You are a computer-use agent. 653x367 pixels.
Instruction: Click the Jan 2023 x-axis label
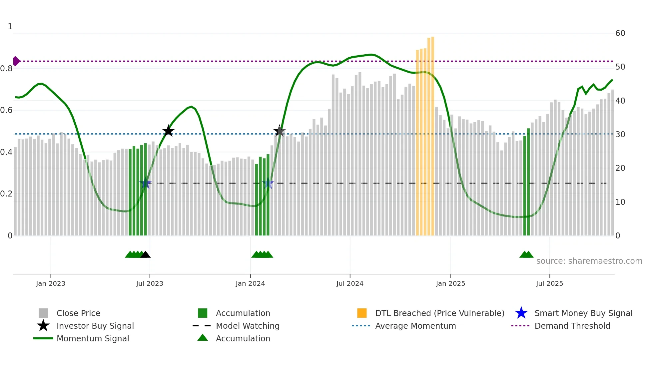(51, 283)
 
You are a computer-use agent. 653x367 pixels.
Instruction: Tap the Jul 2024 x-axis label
(349, 283)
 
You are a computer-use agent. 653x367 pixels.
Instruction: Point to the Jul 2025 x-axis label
(549, 283)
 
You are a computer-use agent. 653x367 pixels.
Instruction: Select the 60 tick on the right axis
(620, 33)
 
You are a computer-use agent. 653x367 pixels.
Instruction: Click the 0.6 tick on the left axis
(6, 110)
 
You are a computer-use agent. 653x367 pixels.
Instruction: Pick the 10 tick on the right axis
(620, 202)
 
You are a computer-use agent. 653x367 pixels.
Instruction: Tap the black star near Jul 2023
(168, 131)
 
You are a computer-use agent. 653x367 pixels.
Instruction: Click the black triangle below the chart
(145, 255)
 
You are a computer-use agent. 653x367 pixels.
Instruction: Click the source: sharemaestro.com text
(589, 261)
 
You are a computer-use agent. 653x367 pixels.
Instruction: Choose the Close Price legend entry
(78, 313)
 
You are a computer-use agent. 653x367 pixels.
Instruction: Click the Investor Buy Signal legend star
(43, 326)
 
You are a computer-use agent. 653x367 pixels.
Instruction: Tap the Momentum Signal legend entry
(93, 339)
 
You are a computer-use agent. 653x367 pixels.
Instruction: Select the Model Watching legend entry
(247, 326)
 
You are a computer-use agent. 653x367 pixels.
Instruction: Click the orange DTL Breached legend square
(362, 313)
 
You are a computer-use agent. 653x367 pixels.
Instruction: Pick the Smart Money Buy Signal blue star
(521, 313)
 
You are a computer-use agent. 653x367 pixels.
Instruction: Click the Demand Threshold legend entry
(572, 326)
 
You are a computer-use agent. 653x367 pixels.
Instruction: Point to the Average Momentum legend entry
(415, 326)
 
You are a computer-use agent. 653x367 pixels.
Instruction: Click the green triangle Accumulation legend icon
(203, 338)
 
